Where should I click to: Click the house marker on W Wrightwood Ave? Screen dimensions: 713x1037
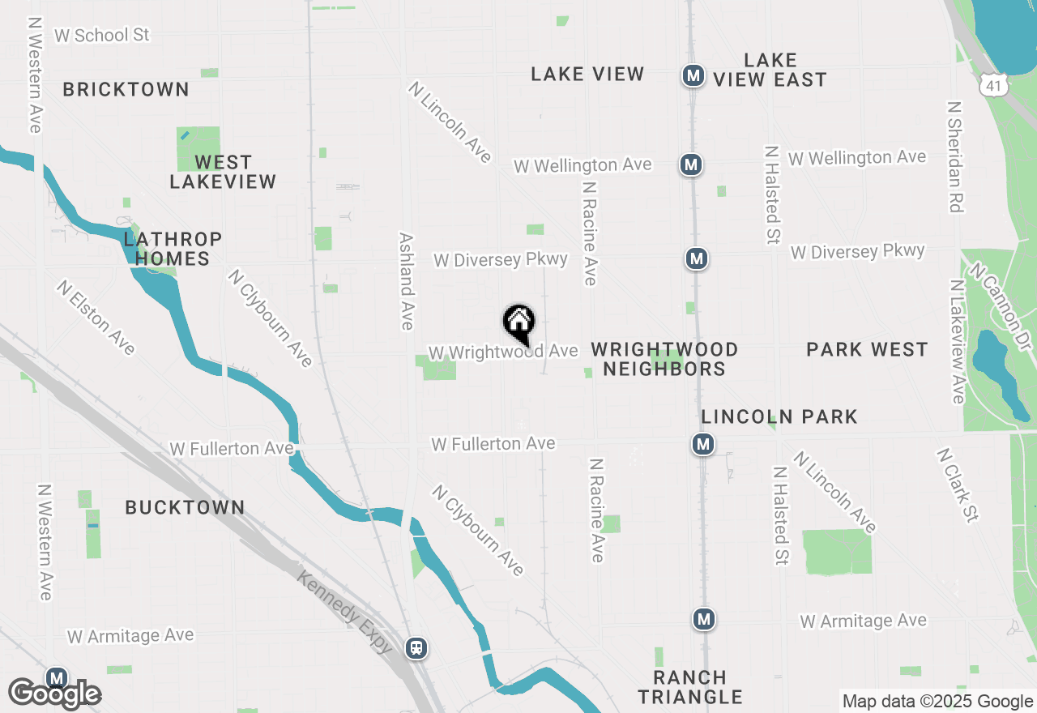[518, 322]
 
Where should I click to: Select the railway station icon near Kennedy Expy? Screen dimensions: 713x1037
[416, 648]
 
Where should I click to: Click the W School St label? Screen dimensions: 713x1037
[102, 35]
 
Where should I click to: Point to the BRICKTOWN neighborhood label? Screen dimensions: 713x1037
[126, 89]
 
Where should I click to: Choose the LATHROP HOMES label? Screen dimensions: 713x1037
[173, 249]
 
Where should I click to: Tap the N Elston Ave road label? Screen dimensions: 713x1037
[96, 318]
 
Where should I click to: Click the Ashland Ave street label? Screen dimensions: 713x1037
[407, 281]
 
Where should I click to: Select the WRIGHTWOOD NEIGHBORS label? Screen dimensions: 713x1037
[664, 359]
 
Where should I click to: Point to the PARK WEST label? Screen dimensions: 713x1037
[867, 349]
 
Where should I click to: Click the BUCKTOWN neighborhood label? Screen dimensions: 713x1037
[185, 507]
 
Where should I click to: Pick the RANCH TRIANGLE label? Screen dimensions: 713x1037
[690, 687]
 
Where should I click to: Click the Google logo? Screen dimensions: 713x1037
[54, 694]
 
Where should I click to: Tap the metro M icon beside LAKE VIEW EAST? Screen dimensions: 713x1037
[693, 76]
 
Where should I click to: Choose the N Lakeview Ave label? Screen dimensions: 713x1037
[958, 341]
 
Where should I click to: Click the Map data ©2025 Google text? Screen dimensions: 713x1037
[937, 702]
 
